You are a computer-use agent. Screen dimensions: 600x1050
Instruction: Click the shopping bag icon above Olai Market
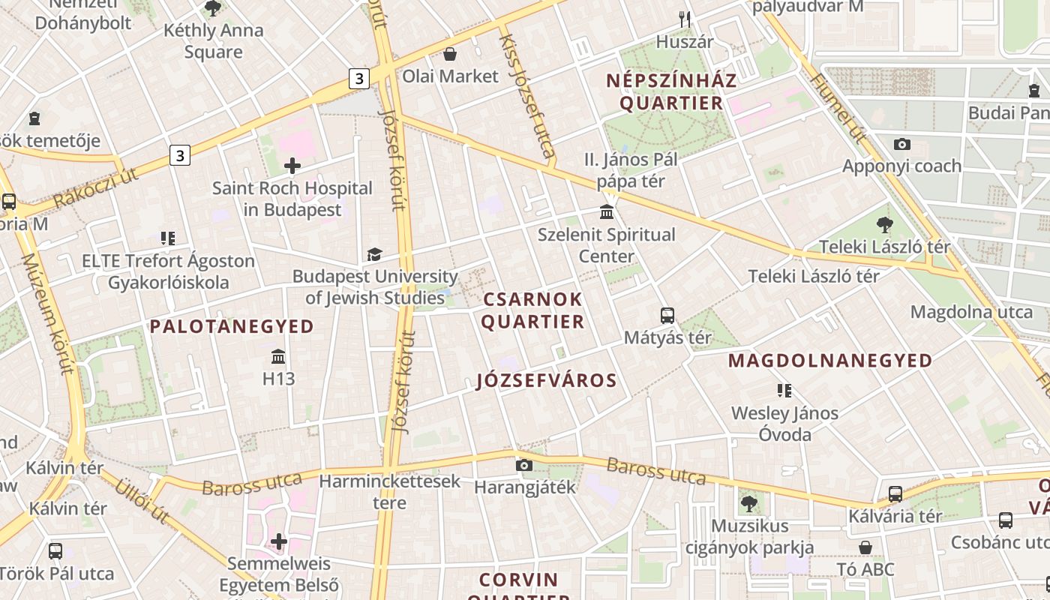450,54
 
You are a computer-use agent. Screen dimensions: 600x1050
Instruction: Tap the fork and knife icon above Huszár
684,18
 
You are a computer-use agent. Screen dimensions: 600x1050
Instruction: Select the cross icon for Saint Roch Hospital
292,166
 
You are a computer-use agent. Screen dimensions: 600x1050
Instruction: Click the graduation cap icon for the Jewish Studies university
374,254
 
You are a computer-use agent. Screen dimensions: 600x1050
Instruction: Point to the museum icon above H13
278,356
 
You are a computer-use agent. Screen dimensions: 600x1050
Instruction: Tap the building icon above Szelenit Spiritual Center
607,212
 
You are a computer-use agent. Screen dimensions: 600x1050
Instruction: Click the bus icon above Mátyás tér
667,315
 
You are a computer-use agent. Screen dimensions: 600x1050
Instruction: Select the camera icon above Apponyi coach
901,144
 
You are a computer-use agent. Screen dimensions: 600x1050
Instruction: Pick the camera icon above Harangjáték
524,465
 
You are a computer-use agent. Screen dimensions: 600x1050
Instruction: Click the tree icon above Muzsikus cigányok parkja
748,503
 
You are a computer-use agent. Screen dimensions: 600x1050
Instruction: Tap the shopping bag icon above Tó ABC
865,547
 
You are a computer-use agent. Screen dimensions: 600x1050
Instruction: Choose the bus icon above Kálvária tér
895,494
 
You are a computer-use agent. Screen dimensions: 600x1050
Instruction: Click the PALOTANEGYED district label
232,326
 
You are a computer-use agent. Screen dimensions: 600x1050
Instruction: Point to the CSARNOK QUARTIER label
532,310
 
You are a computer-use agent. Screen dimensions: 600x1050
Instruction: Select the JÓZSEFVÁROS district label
547,381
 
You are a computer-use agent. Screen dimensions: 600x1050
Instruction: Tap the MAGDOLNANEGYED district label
830,361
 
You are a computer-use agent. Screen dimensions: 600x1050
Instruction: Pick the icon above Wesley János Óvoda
784,391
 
